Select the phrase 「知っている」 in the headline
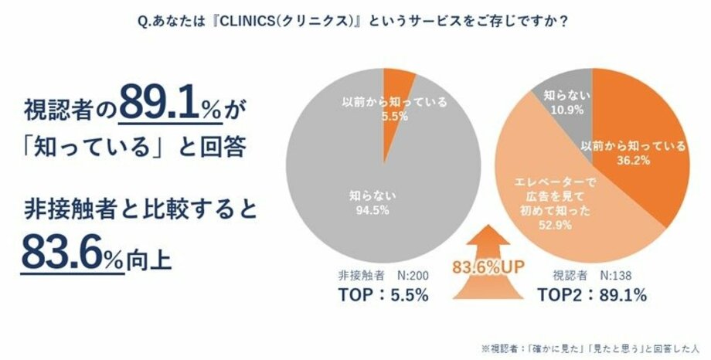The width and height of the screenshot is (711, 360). coord(86,146)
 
